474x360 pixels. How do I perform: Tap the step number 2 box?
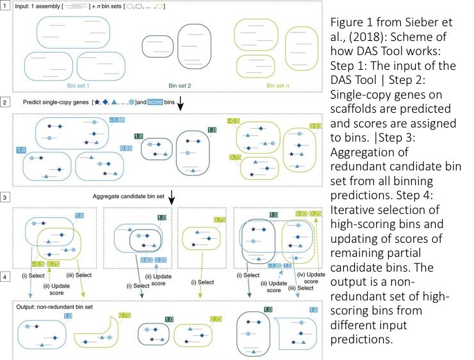[x=5, y=101]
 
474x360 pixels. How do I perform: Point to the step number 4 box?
[x=5, y=279]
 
